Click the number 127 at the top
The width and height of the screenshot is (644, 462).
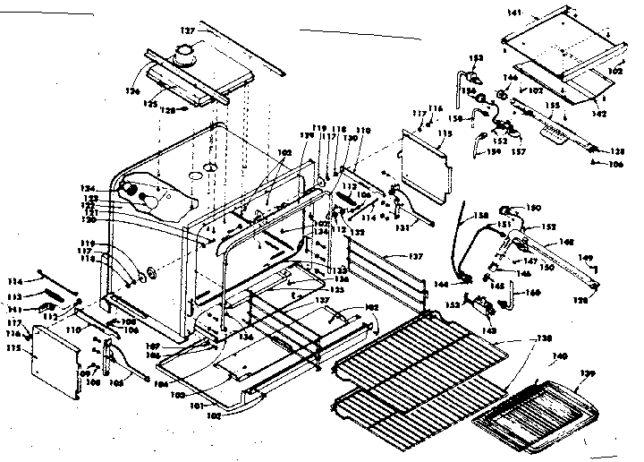tap(186, 30)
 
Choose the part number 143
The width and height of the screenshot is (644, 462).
tap(490, 330)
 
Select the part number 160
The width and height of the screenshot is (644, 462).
tap(531, 293)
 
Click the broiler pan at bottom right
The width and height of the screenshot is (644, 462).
tap(532, 412)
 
